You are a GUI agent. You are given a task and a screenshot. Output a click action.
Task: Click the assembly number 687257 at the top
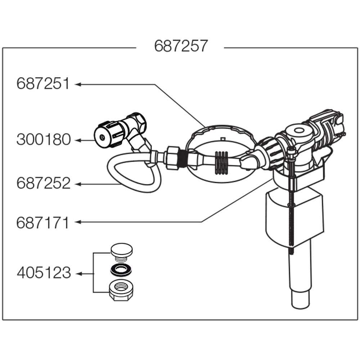point(181,46)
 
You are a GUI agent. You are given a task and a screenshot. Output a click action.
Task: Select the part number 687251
point(43,84)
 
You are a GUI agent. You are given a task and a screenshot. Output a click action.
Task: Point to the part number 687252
point(43,184)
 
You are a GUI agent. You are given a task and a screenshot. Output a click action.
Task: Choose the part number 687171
point(42,223)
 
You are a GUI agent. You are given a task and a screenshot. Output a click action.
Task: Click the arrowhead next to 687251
point(77,84)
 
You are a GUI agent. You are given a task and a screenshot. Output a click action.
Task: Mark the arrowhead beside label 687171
point(77,222)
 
